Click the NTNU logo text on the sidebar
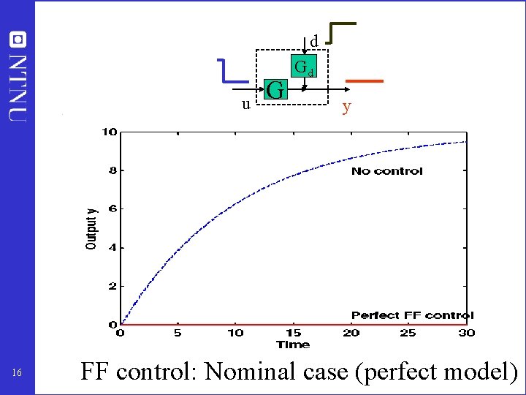tap(18, 77)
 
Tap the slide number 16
tap(18, 374)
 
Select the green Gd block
tap(304, 68)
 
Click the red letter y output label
tap(347, 107)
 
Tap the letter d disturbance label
tap(313, 42)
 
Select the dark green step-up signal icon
tap(340, 33)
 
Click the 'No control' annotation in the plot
tap(386, 171)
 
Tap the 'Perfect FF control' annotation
tap(412, 315)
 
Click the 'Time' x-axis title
tap(293, 345)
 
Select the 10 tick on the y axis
tap(109, 132)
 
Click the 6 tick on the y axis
tap(112, 209)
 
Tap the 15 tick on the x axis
tap(293, 333)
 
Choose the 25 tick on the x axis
tap(408, 333)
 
